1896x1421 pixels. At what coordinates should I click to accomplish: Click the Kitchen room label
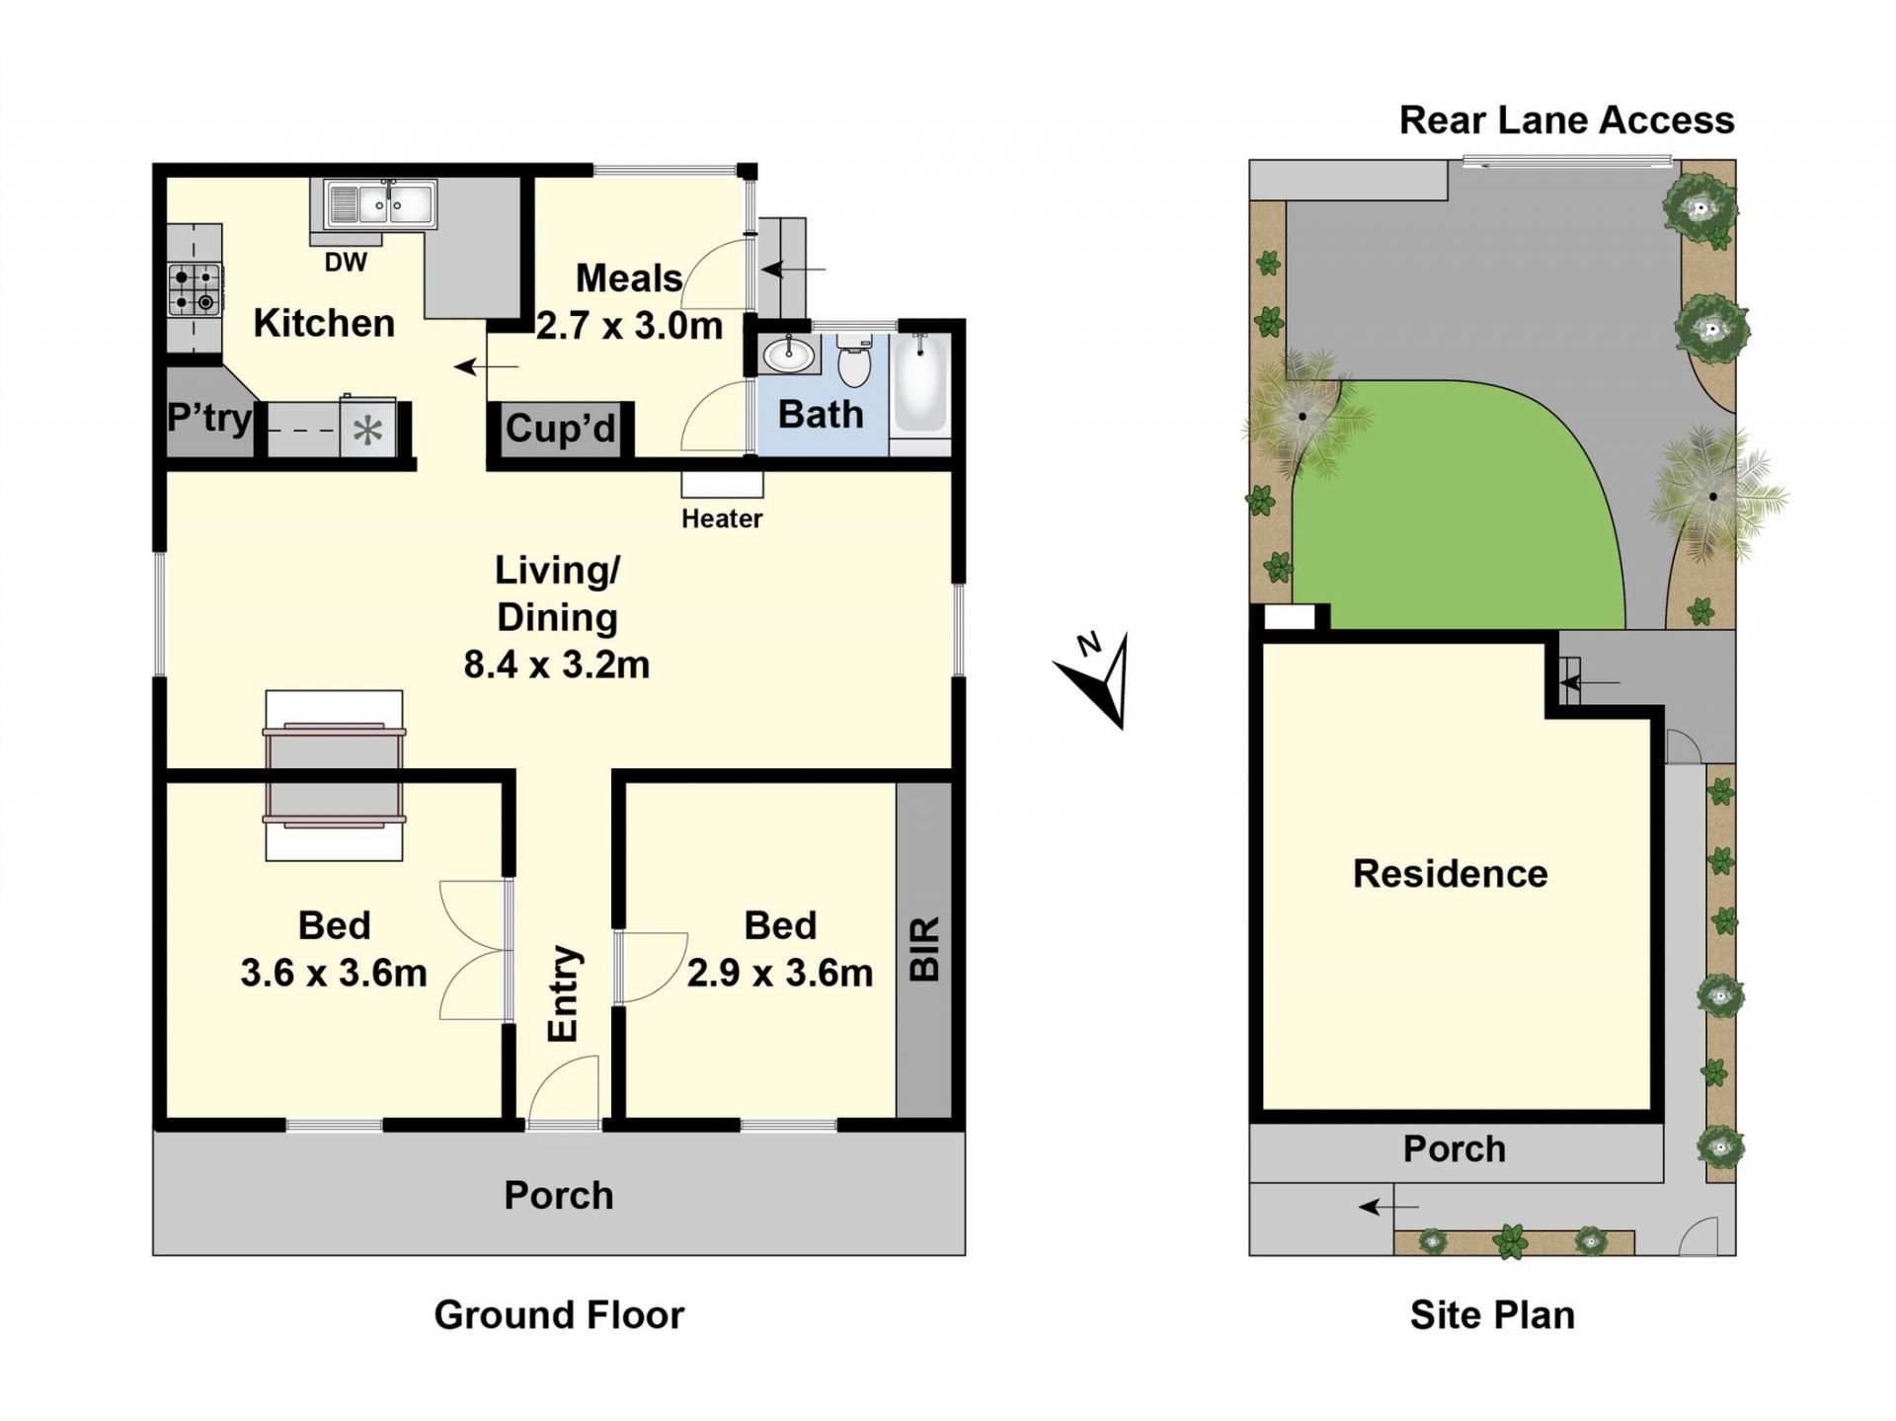coord(324,323)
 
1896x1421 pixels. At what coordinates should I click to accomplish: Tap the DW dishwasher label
coord(346,262)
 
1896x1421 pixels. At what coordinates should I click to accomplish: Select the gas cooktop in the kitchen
coord(194,289)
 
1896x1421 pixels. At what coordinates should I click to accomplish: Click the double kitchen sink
coord(380,204)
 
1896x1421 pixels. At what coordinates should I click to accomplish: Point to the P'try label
coord(209,418)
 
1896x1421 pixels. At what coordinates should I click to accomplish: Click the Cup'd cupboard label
coord(561,428)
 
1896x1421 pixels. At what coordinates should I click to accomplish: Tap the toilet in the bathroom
coord(854,360)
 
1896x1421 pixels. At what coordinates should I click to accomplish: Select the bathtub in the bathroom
coord(920,385)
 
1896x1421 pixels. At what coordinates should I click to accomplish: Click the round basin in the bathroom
coord(788,355)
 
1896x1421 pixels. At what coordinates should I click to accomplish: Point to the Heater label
coord(722,518)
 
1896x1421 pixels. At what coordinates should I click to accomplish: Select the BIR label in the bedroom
coord(924,949)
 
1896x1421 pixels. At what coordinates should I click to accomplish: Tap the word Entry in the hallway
coord(563,993)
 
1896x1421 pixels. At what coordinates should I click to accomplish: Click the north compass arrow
coord(1100,679)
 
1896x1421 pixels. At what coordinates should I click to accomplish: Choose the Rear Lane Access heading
coord(1566,120)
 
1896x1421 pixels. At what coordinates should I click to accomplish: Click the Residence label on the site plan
coord(1450,874)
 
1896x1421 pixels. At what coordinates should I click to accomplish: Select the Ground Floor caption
coord(559,1315)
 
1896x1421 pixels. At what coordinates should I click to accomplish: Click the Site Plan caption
coord(1492,1315)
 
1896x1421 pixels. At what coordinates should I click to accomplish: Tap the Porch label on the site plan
coord(1455,1149)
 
